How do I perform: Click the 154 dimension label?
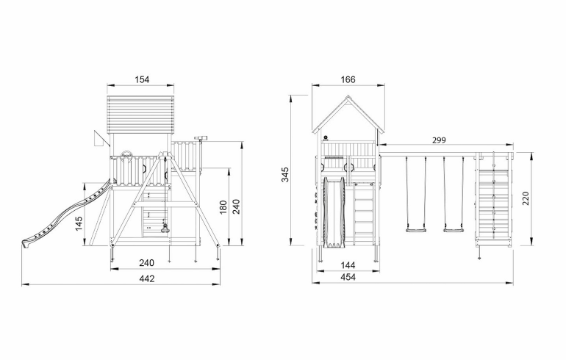(142, 79)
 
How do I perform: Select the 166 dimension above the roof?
(348, 79)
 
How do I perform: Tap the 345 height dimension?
(285, 174)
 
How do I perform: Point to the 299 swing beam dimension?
(439, 140)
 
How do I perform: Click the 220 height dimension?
(526, 199)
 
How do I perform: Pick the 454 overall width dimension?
(348, 277)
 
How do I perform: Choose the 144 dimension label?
(348, 265)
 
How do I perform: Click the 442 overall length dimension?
(147, 278)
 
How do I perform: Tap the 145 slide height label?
(79, 223)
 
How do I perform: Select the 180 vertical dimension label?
(223, 207)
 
